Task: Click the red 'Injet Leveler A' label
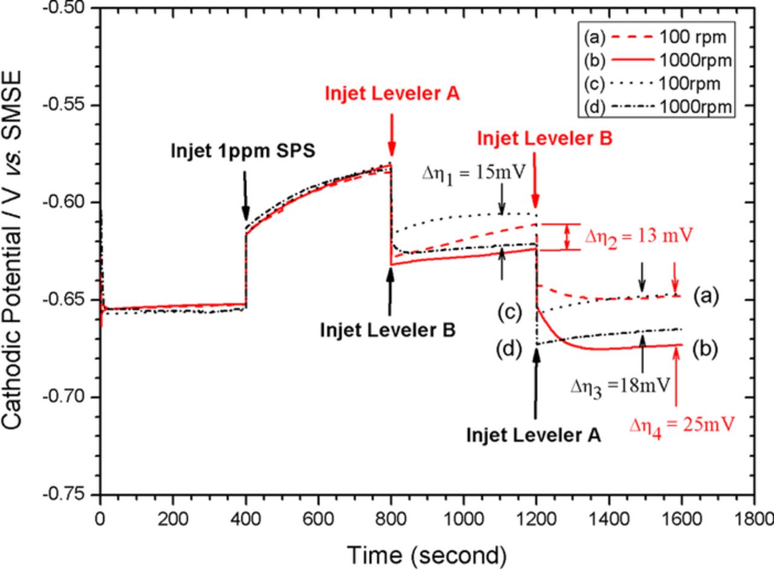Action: click(392, 94)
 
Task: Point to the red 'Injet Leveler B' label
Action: click(545, 139)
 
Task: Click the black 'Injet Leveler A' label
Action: click(534, 434)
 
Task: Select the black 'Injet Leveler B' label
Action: click(389, 330)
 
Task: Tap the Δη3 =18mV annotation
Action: click(621, 385)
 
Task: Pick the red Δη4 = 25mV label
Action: click(681, 425)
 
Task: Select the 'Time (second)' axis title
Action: click(426, 554)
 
